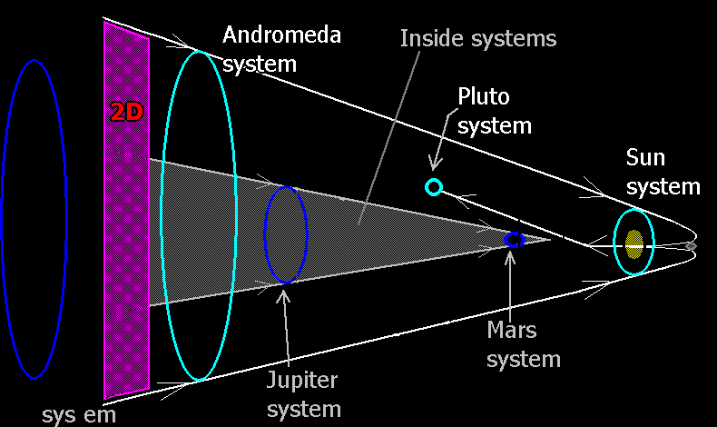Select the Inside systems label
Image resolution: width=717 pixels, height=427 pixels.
coord(479,39)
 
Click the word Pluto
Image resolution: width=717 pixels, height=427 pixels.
coord(484,96)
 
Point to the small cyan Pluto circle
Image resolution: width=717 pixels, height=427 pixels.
coord(434,187)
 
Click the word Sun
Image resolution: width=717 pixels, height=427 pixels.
coord(646,158)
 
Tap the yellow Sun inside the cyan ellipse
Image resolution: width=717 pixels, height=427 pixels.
coord(634,241)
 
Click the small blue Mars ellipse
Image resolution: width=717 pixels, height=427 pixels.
coord(515,240)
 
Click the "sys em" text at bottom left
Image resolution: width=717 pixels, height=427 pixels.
coord(79,416)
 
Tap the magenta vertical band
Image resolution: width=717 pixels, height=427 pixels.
coord(126,273)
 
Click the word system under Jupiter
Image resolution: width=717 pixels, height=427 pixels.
coord(304,408)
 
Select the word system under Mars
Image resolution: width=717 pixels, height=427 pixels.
coord(524,358)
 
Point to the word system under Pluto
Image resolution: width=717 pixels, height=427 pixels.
coord(495,125)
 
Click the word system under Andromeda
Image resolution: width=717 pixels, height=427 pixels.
coord(260,65)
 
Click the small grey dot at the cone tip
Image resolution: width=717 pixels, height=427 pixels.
coord(691,245)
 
